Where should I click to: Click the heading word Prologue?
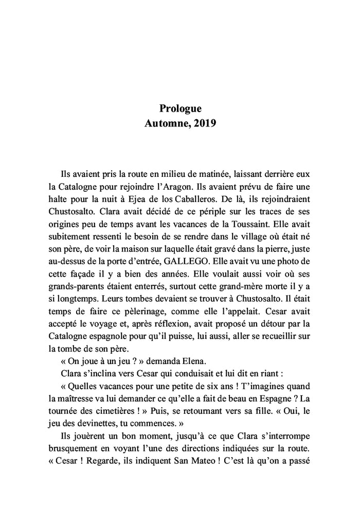[x=180, y=108]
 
